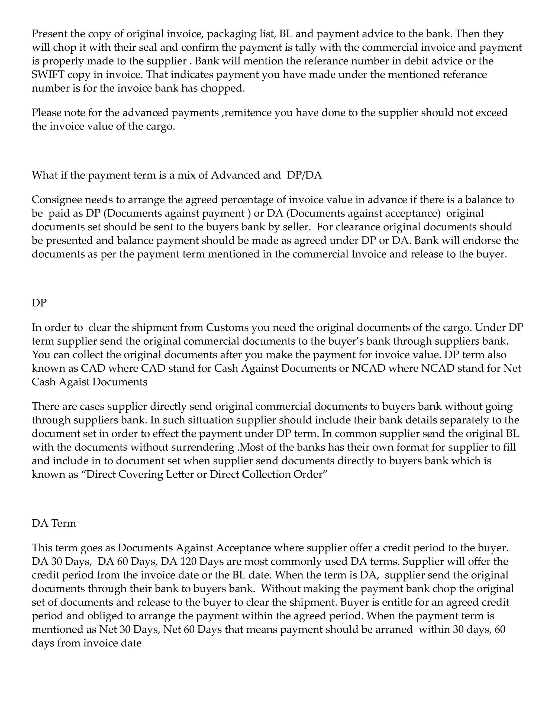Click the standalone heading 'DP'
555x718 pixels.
39,303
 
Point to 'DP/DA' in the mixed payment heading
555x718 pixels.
304,175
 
